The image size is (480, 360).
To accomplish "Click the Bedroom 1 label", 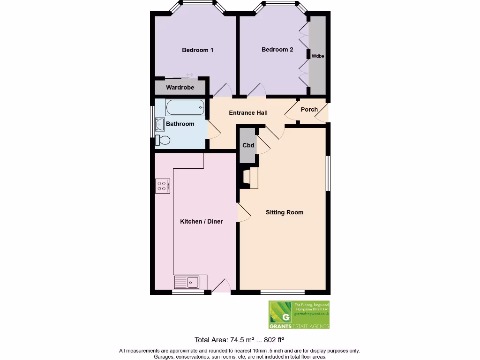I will pyautogui.click(x=197, y=50).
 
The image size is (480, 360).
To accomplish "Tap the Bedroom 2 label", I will pyautogui.click(x=277, y=50).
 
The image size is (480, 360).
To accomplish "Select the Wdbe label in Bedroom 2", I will pyautogui.click(x=318, y=56).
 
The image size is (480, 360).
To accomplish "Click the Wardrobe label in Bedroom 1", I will pyautogui.click(x=180, y=88).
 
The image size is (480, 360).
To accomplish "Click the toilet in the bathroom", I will pyautogui.click(x=163, y=139).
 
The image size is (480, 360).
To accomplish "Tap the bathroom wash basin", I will pyautogui.click(x=159, y=124).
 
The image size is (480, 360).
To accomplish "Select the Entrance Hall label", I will pyautogui.click(x=248, y=113).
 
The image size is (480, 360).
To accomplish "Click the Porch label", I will pyautogui.click(x=309, y=110).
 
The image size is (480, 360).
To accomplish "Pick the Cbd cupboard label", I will pyautogui.click(x=248, y=145).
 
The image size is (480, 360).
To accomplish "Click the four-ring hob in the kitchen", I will pyautogui.click(x=162, y=186).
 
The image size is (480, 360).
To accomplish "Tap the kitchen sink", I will pyautogui.click(x=187, y=282).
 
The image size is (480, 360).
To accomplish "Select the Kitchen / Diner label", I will pyautogui.click(x=201, y=222).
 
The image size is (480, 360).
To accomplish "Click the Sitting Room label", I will pyautogui.click(x=284, y=212).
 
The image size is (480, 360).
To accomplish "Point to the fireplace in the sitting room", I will pyautogui.click(x=250, y=178).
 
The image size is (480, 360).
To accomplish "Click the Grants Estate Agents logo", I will pyautogui.click(x=299, y=315).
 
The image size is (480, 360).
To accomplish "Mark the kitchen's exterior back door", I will pyautogui.click(x=221, y=286).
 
